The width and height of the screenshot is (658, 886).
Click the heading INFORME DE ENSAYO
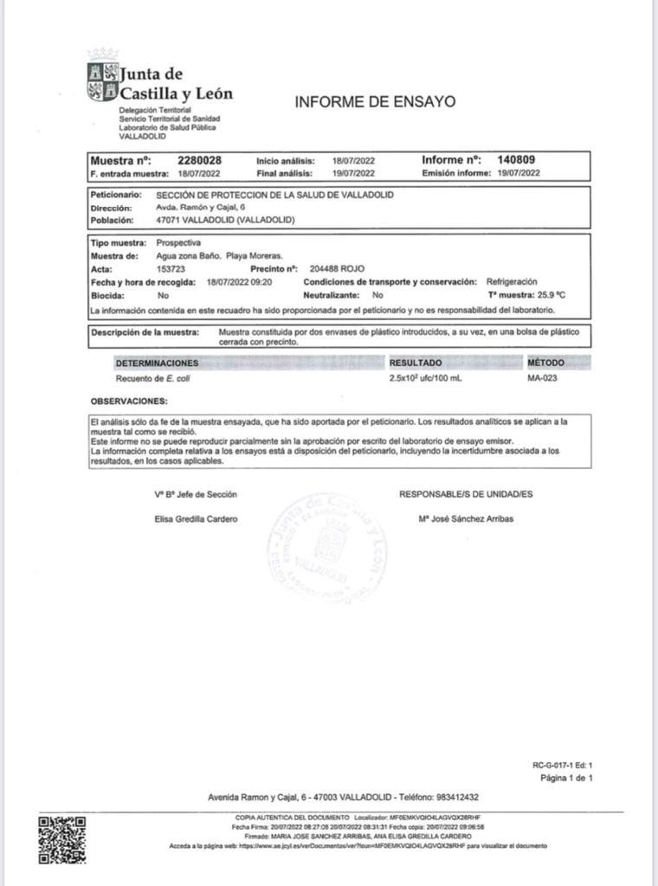[375, 101]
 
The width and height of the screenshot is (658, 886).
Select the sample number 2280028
[199, 160]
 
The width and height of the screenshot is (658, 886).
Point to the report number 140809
[516, 160]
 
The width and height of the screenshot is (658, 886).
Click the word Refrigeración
[512, 282]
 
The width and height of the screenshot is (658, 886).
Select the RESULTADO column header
[416, 363]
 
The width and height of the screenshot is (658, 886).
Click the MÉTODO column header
[545, 363]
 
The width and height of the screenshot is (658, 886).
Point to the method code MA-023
[542, 379]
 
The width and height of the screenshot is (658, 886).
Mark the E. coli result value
[425, 379]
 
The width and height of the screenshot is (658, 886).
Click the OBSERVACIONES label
[129, 401]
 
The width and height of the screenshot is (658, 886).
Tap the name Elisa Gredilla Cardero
[196, 519]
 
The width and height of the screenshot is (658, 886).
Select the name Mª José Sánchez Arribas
[465, 519]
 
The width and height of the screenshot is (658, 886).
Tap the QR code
[62, 838]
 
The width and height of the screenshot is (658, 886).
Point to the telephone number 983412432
[453, 797]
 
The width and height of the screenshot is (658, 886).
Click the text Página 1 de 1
[565, 778]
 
